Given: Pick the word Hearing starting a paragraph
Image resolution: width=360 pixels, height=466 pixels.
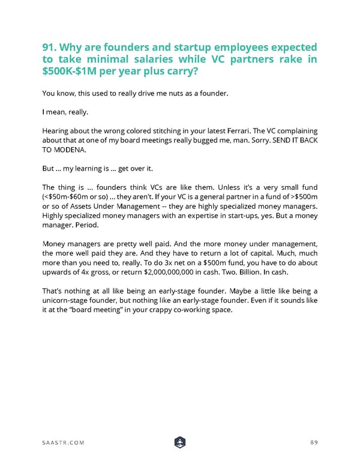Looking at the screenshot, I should coord(56,130).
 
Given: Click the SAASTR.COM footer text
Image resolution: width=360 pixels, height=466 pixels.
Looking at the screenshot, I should coord(63,443).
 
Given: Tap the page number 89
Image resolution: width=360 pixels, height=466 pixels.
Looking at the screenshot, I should coord(313,443).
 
